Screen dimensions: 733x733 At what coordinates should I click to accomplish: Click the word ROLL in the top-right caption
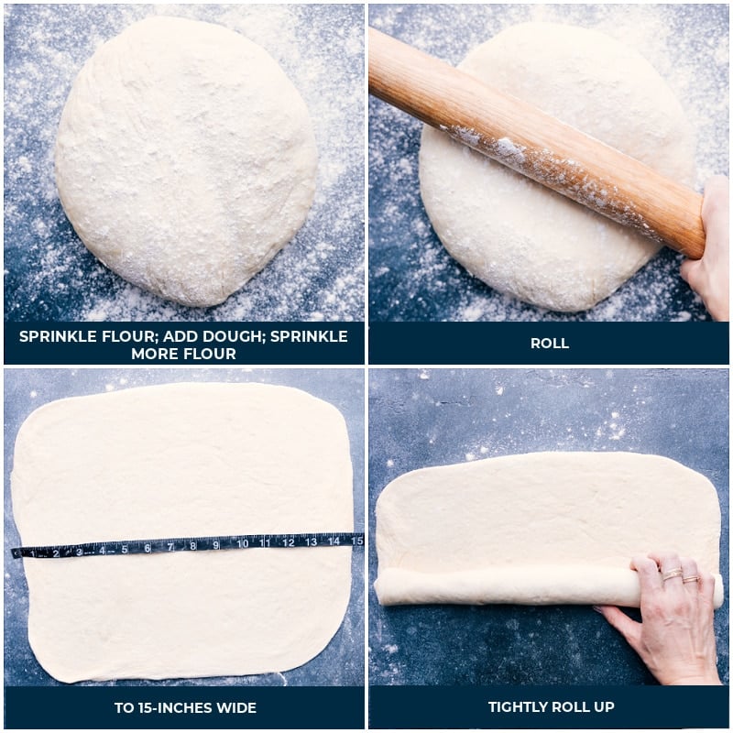click(x=549, y=344)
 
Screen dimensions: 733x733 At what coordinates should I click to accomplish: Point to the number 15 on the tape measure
click(x=356, y=541)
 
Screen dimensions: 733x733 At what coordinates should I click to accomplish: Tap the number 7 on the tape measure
click(x=170, y=547)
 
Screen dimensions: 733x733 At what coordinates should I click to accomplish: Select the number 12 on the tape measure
click(x=288, y=542)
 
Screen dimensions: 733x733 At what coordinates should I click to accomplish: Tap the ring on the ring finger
click(x=691, y=579)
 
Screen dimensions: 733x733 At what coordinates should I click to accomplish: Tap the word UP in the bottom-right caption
click(x=603, y=706)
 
